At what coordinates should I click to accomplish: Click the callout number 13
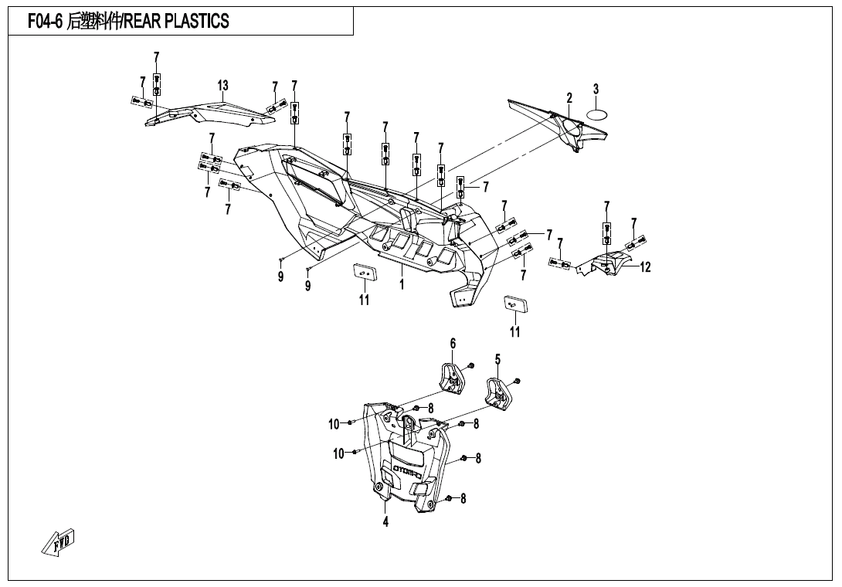(x=222, y=86)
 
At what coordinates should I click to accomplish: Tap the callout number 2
(x=569, y=98)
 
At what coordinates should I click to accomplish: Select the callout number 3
(x=596, y=90)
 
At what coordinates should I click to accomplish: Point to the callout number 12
(x=646, y=268)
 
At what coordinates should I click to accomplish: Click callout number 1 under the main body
(x=402, y=284)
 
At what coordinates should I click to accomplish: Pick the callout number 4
(x=385, y=521)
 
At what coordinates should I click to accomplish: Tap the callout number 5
(x=497, y=359)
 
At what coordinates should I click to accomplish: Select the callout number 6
(x=453, y=343)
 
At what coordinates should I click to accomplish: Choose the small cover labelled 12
(x=610, y=264)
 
